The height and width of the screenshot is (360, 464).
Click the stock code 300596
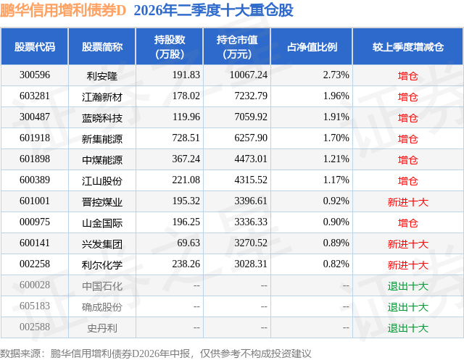(35, 75)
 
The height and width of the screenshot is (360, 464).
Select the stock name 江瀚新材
(102, 97)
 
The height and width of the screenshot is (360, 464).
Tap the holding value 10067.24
(249, 75)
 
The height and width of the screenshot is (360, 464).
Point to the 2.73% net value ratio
(336, 75)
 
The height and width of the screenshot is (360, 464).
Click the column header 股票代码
(35, 46)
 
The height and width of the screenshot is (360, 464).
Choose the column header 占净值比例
(312, 46)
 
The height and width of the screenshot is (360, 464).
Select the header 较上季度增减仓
(408, 46)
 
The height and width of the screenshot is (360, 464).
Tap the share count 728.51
(186, 138)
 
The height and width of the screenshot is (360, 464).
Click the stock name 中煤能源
(102, 160)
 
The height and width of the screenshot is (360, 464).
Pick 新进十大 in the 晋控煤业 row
(408, 202)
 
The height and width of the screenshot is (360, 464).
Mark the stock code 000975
(35, 222)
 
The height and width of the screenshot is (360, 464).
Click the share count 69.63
(188, 243)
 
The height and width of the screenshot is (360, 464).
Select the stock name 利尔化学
(102, 265)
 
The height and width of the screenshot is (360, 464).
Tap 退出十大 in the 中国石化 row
(408, 286)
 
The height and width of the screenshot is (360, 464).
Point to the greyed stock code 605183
(35, 306)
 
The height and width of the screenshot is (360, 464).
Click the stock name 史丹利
(102, 328)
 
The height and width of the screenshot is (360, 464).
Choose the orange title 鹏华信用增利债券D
(63, 10)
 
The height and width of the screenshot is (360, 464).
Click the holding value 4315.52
(251, 180)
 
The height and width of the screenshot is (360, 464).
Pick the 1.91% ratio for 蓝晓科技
(336, 117)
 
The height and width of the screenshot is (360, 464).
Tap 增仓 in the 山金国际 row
(408, 223)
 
